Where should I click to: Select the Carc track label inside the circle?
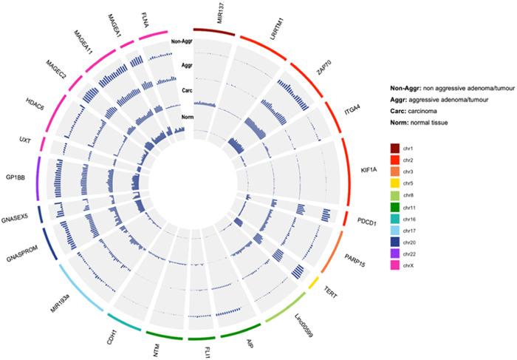[186, 92]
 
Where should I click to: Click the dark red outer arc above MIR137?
[214, 30]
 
